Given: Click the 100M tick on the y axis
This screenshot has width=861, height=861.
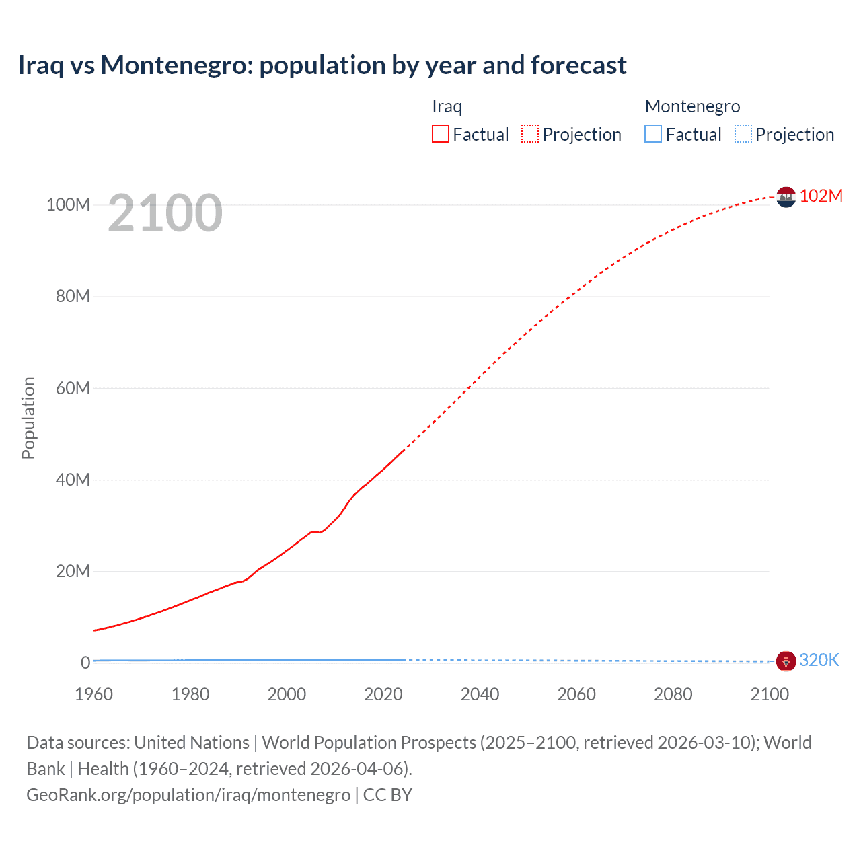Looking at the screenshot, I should (x=68, y=204).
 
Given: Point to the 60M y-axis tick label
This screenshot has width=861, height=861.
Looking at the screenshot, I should (x=73, y=388).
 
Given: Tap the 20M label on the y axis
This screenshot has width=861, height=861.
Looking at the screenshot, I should (x=73, y=572).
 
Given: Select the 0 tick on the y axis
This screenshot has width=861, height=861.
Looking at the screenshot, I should (x=85, y=663).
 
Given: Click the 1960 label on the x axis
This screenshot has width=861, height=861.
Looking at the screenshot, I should (x=93, y=694).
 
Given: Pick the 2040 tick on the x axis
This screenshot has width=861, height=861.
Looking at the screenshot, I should (x=480, y=694).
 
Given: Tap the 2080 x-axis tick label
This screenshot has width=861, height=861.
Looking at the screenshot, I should (x=673, y=694).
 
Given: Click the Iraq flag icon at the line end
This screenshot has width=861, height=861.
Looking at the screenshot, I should (x=786, y=197).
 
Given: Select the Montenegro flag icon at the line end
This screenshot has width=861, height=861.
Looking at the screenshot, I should (x=786, y=661).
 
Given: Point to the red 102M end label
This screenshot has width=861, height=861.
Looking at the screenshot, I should (x=821, y=196).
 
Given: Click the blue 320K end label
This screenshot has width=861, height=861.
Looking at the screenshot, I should (x=819, y=661).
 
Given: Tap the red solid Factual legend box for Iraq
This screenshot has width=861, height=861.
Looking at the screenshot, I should (x=440, y=135).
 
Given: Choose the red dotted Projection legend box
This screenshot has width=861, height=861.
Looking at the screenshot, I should (x=530, y=135).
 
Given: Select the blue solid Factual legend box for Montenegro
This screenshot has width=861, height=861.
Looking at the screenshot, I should (x=652, y=135).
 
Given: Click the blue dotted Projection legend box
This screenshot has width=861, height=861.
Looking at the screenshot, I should (x=743, y=135).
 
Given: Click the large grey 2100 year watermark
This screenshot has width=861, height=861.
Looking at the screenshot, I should (x=165, y=213).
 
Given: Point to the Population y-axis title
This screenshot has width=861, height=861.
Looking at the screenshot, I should (x=28, y=418).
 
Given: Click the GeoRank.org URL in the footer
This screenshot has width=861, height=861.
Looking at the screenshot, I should (x=188, y=795).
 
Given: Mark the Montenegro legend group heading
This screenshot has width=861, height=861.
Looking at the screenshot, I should (x=692, y=106).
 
